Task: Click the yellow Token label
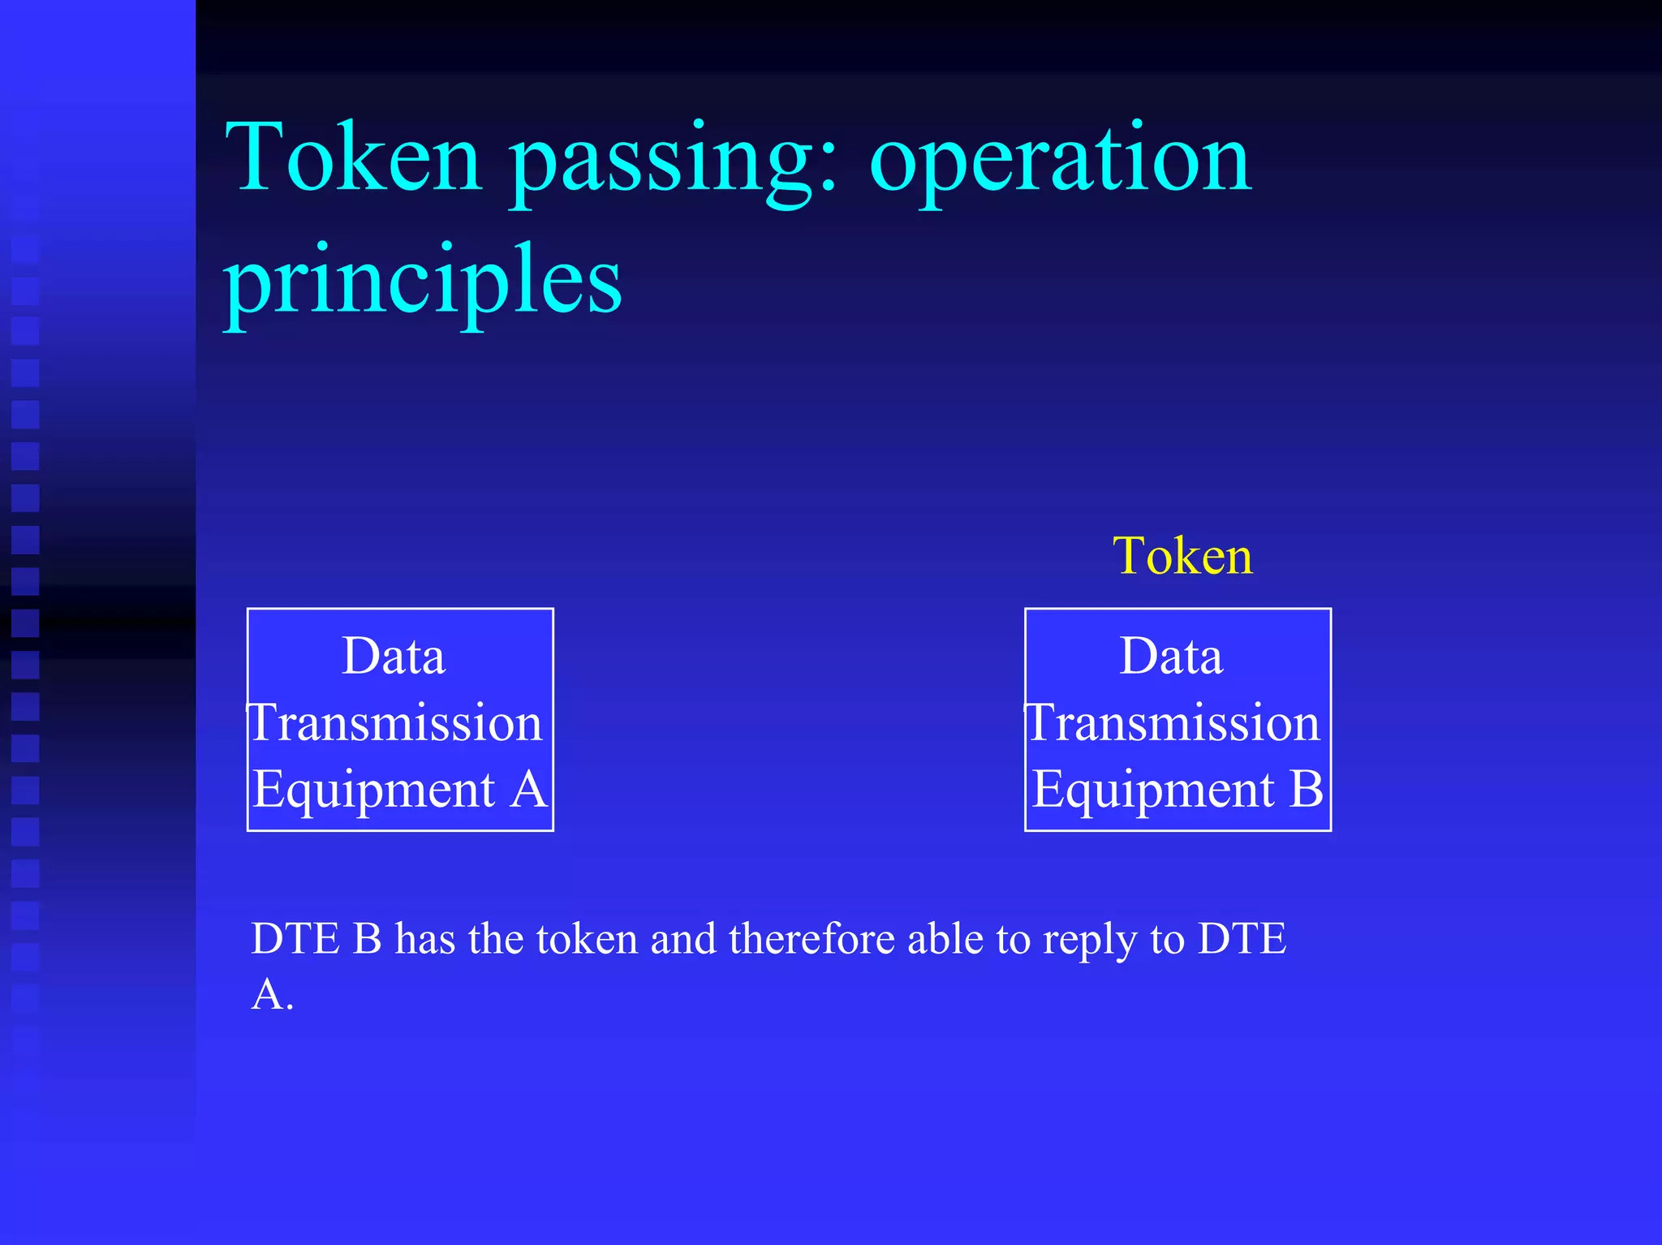1182,557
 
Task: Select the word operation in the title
1060,162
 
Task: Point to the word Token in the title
354,158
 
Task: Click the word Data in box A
394,656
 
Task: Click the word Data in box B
1171,656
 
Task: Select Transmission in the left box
395,722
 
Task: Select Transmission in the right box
1173,722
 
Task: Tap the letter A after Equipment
528,789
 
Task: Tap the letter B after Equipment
1306,789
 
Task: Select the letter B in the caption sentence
368,939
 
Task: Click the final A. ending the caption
272,995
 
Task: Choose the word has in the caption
424,939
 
